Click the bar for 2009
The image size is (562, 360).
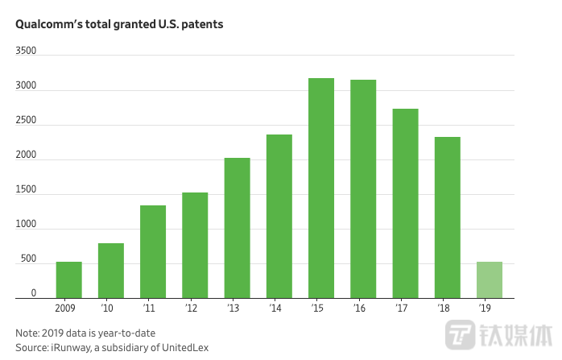coord(68,279)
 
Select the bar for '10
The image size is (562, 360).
coord(111,271)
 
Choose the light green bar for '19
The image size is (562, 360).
coord(490,279)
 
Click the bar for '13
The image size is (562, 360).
coord(237,228)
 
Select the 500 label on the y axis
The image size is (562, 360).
coord(29,259)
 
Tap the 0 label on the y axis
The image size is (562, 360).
coord(34,293)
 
